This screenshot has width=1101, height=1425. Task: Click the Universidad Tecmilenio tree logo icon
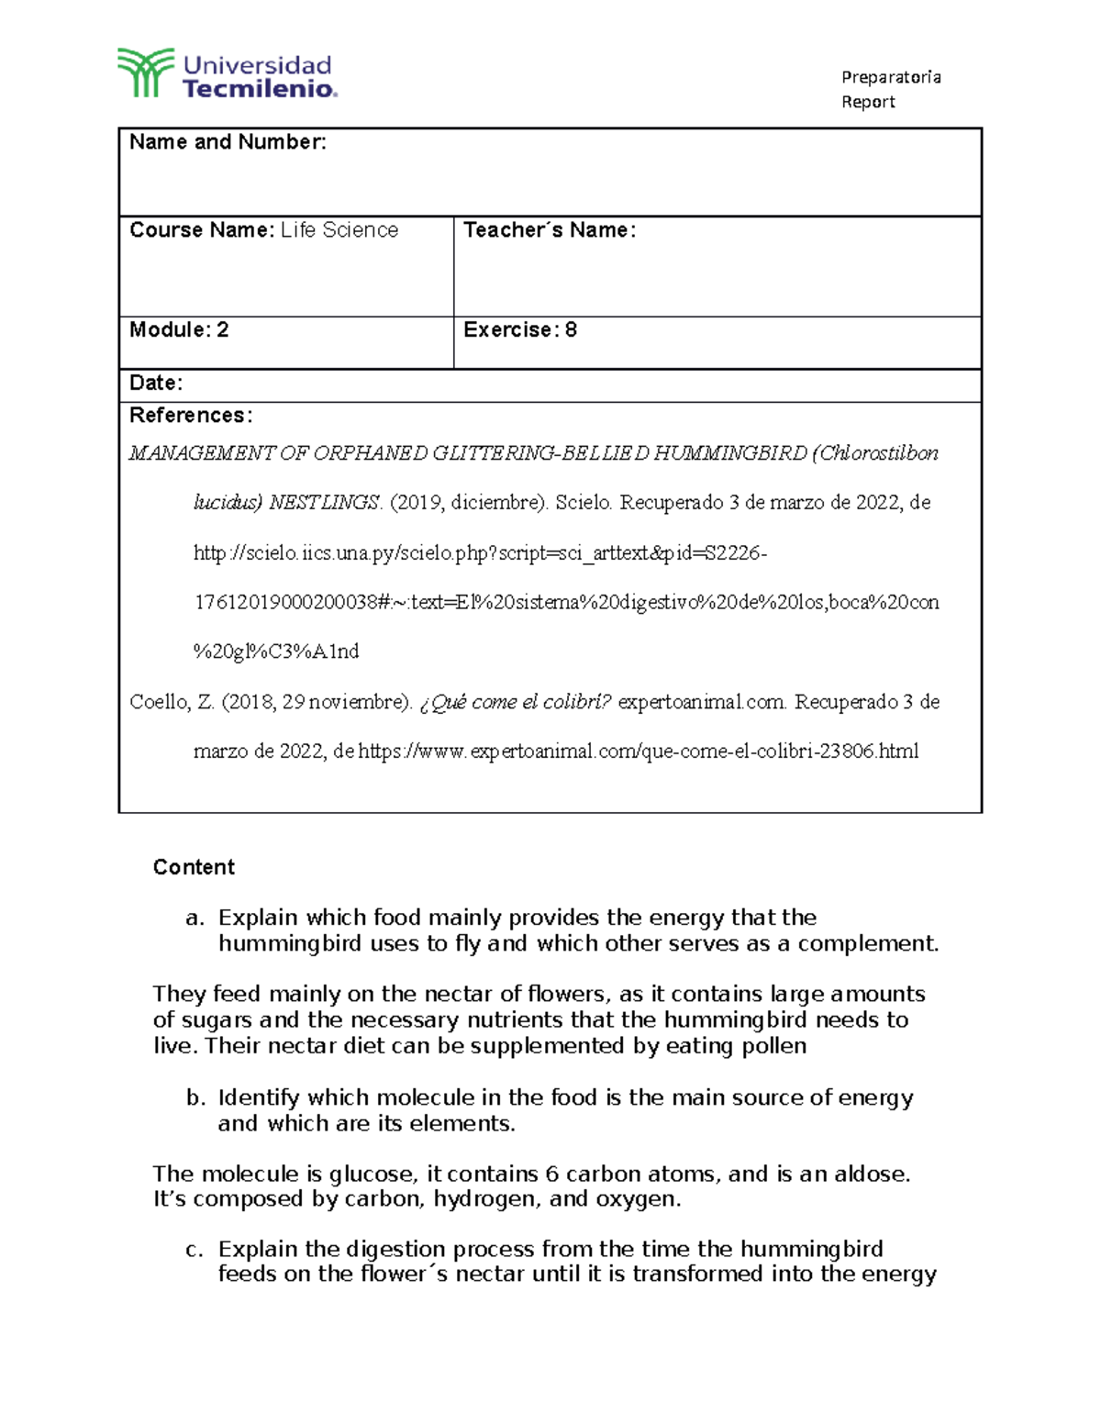(144, 72)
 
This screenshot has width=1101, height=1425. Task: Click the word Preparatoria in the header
(891, 77)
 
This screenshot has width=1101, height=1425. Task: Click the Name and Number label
(228, 142)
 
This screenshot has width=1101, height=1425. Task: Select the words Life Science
(339, 230)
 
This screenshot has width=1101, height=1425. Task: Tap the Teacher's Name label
(549, 230)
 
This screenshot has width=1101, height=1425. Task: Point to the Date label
(156, 384)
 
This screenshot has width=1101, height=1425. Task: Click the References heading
(190, 416)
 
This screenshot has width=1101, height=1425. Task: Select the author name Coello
(160, 702)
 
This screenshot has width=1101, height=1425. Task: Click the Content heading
(194, 867)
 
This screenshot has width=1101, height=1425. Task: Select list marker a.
(193, 918)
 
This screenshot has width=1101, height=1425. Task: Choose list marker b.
(193, 1098)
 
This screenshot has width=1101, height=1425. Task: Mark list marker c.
(193, 1250)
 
